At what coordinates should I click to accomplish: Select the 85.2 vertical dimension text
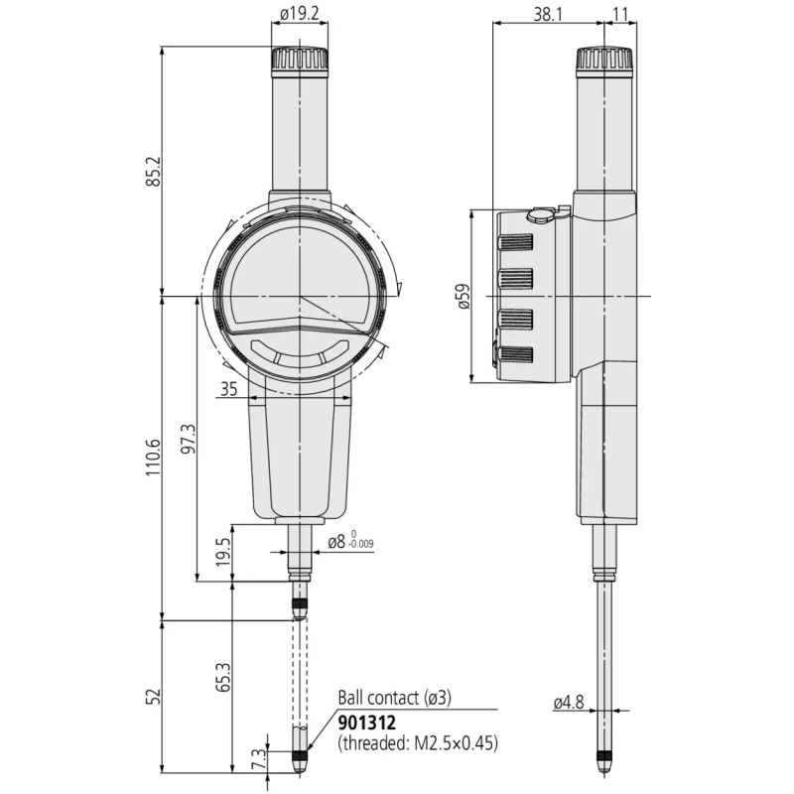coord(153,173)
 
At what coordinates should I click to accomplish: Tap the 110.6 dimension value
coord(153,458)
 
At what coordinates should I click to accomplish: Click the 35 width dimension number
coord(228,391)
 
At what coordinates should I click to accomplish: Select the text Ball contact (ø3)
coord(395,699)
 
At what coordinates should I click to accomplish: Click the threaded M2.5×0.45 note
coord(418,742)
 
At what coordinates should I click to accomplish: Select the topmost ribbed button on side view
coord(515,242)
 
